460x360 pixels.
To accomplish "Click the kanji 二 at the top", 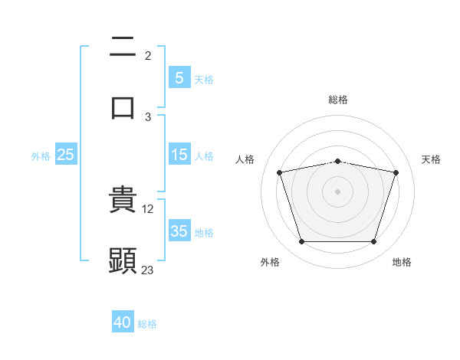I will tap(123, 48).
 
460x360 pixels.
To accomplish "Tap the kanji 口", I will tap(123, 107).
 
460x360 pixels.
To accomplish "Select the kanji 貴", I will tap(123, 200).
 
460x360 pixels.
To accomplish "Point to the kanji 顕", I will tap(123, 260).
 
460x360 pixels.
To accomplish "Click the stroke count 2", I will tap(148, 56).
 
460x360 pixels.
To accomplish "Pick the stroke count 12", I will tap(149, 208).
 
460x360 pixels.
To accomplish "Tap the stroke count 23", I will tap(148, 270).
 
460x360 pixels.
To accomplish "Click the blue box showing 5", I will tap(179, 77).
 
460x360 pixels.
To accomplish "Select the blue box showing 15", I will tap(179, 155).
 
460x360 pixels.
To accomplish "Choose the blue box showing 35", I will tap(179, 231).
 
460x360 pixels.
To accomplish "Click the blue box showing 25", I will tap(66, 155).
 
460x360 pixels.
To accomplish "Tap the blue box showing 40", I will tap(123, 322).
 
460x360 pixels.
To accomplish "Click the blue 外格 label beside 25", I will tap(41, 155).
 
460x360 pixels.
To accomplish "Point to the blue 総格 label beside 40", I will tap(147, 324).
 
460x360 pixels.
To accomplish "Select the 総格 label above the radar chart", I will tap(338, 100).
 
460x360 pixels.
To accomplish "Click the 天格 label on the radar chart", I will tap(432, 159).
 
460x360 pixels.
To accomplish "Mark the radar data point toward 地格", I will tap(373, 242).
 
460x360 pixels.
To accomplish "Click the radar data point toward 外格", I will tap(301, 242).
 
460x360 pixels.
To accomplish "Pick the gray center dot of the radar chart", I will tap(337, 191).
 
